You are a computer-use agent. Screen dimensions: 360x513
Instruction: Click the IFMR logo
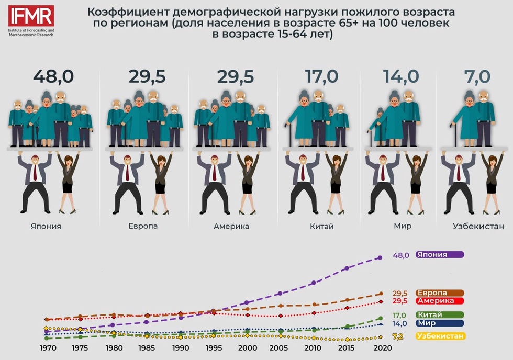click(31, 18)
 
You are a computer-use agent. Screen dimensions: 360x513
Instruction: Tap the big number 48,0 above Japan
click(53, 76)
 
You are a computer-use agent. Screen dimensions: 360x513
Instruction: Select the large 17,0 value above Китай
click(321, 76)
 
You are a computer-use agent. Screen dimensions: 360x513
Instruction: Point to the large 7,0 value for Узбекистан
click(477, 76)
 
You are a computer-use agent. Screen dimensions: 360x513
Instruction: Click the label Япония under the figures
click(46, 227)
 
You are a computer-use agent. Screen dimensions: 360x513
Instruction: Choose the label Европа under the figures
click(143, 227)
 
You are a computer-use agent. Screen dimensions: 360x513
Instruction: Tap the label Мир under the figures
click(403, 227)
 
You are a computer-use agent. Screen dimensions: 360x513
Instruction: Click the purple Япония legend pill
click(439, 255)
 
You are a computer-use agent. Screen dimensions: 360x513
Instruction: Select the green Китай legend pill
click(439, 315)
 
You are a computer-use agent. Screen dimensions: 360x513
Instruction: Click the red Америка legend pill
click(439, 301)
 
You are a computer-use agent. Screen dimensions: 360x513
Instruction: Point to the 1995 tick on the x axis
click(214, 348)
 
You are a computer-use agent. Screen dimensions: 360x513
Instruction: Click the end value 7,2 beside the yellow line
click(397, 336)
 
